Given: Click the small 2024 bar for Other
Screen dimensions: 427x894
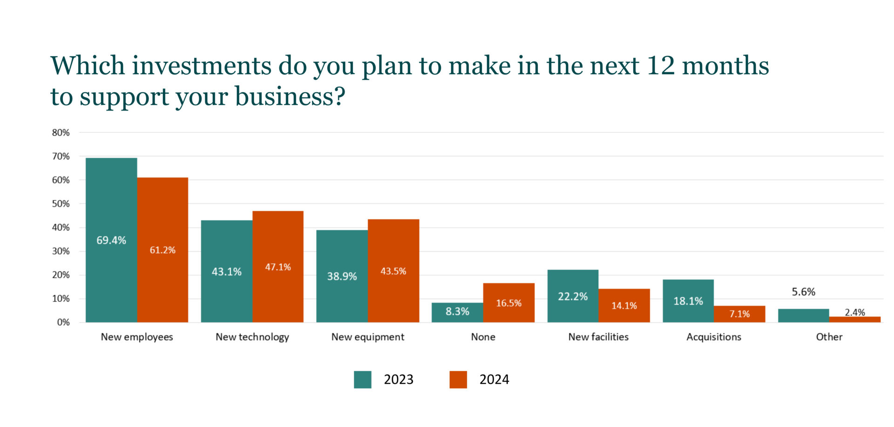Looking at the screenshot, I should (855, 319).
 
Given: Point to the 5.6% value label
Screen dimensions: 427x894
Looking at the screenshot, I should (803, 292).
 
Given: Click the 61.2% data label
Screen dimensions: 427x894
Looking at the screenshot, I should (163, 250).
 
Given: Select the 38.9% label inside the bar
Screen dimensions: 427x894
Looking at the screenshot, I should (342, 276).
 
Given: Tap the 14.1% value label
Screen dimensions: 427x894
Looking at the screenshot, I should (624, 306).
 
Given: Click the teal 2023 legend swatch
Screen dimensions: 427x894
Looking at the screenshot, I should (363, 379).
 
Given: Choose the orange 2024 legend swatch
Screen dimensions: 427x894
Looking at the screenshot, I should (458, 379).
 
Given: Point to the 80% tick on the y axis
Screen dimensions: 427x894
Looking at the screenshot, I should (61, 133).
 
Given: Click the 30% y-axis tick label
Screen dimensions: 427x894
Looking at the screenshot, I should (61, 251).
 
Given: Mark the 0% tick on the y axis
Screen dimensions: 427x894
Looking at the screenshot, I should (63, 323).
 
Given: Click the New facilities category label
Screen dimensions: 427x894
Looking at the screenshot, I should (598, 337).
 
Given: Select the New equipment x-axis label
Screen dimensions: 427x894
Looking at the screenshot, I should (368, 337).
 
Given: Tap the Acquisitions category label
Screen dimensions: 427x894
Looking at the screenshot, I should (714, 337).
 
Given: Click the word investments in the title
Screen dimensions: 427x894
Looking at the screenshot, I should (202, 66).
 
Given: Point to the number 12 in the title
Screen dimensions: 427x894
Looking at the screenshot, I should (660, 66).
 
